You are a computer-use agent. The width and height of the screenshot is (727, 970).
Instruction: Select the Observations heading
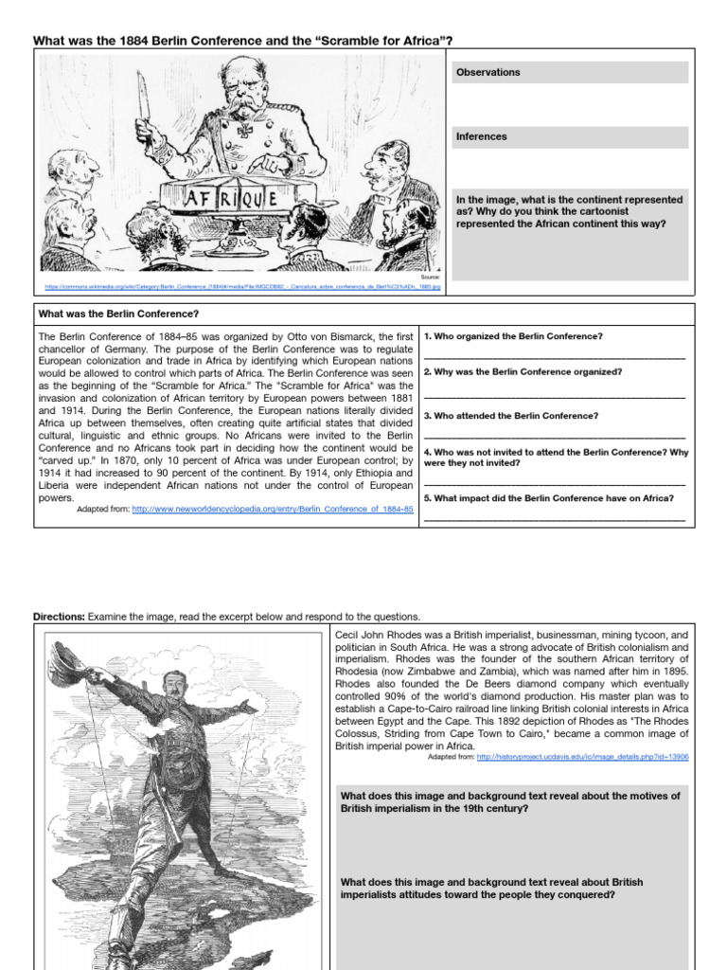click(488, 72)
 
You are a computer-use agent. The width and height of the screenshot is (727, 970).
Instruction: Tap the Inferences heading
click(482, 136)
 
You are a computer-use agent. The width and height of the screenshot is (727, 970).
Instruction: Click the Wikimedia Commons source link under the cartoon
click(243, 284)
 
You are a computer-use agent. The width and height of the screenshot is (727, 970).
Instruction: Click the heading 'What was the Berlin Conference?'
click(118, 314)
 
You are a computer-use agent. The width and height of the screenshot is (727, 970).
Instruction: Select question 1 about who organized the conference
click(513, 336)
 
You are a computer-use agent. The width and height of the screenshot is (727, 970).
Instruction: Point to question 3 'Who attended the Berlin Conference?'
click(511, 416)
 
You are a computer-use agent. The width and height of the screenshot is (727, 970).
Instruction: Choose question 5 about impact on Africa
click(549, 497)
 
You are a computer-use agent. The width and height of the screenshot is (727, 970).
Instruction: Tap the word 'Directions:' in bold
click(59, 616)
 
